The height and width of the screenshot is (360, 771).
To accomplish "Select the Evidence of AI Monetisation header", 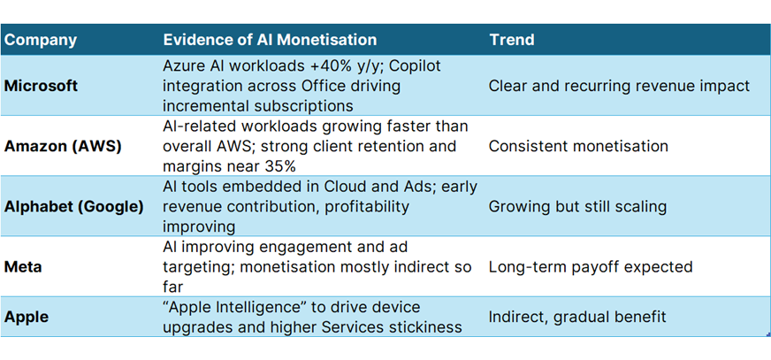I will (x=270, y=41).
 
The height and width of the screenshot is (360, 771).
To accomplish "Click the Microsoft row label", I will (x=41, y=87).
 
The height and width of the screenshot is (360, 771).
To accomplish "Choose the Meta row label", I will (x=22, y=266).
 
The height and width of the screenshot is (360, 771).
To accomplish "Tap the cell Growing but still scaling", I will (x=576, y=206).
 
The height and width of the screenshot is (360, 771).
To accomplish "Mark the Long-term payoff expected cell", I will (x=590, y=266).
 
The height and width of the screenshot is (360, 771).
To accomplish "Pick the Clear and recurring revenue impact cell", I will (x=619, y=87).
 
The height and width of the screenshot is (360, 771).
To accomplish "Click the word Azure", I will (x=184, y=66).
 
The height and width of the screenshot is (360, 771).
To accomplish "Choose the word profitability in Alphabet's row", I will (x=368, y=206).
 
